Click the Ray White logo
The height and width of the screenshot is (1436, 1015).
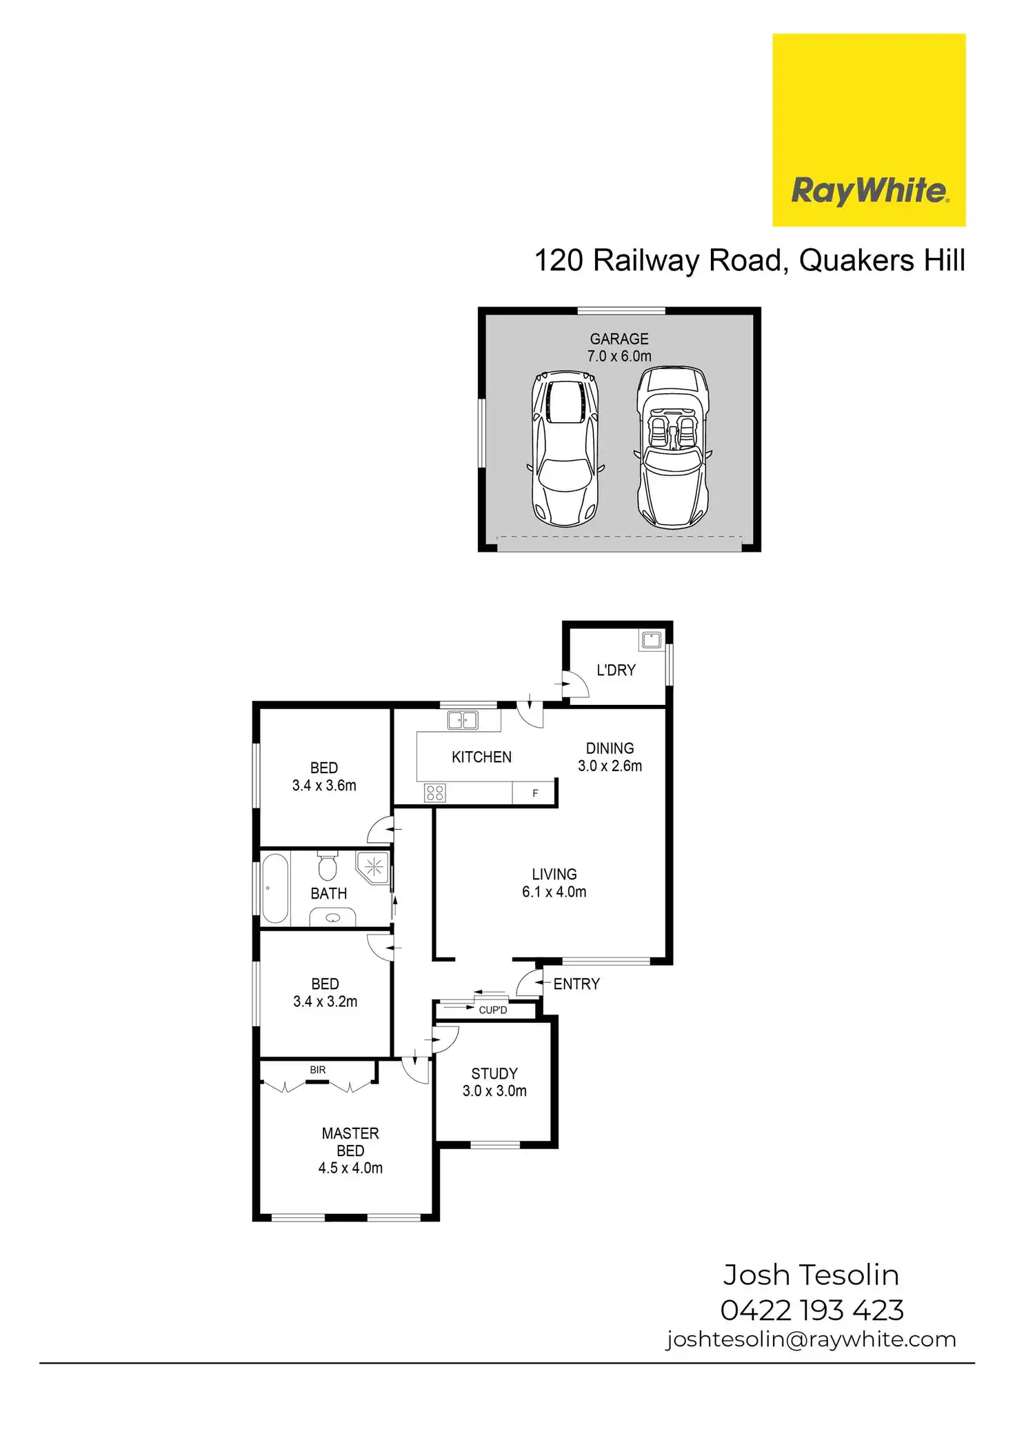point(869,130)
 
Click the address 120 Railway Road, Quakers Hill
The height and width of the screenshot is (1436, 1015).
point(750,261)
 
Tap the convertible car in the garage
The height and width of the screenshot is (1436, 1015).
point(673,448)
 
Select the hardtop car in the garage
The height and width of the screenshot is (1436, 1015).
point(565,449)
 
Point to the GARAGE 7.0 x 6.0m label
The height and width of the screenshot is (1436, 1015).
point(619,348)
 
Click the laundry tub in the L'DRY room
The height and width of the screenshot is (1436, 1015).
point(652,640)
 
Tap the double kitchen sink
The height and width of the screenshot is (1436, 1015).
point(463,720)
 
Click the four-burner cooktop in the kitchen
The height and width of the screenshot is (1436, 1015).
point(435,793)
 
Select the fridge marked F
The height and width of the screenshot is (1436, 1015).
point(534,793)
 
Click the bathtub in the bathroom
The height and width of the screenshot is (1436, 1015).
point(275,888)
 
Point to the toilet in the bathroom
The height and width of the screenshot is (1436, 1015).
point(328,866)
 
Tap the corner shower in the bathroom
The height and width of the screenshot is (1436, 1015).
point(373,868)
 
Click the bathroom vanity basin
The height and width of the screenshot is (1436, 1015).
point(333,917)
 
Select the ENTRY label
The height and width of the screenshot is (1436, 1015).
point(576,984)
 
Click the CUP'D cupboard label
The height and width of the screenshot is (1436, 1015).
point(493,1010)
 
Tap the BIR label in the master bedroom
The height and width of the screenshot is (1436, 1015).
point(318,1070)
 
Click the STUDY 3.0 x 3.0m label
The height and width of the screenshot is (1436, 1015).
point(494,1082)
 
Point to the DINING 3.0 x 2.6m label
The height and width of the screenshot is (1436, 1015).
point(610,757)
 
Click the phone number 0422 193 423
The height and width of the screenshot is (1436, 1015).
point(812,1310)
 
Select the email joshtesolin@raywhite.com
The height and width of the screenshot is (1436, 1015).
point(811,1339)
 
